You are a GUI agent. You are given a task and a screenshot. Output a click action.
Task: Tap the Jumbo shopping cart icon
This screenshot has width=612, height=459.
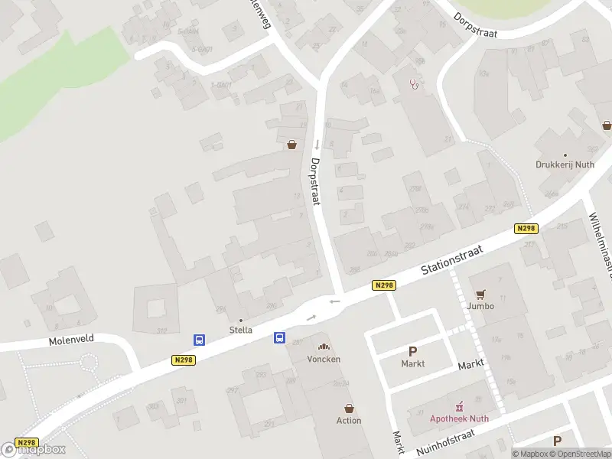coord(481,294)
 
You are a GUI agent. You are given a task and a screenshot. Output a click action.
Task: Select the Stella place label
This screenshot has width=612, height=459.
coord(241,330)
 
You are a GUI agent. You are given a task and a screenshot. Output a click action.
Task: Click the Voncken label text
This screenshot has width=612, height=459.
coord(324,359)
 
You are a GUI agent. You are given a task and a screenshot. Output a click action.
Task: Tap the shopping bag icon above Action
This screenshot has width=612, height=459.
coord(350,409)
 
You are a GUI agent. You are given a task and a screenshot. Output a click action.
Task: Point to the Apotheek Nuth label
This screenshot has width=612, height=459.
coord(459,418)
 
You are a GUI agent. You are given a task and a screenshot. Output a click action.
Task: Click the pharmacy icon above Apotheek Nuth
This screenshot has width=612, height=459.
coord(460,406)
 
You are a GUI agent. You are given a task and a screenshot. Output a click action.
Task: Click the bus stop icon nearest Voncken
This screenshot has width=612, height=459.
coord(280,337)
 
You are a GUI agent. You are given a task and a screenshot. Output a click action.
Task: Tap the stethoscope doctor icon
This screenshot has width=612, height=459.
coord(415,84)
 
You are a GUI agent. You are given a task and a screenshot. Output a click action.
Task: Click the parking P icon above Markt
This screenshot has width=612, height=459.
coord(412,352)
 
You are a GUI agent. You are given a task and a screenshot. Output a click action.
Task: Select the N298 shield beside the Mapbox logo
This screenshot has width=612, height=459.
coord(26,443)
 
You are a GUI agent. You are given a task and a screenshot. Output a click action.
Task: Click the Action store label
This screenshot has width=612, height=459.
coord(349,421)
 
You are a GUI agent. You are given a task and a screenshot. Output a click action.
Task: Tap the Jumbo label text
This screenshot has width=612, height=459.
coord(481,306)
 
